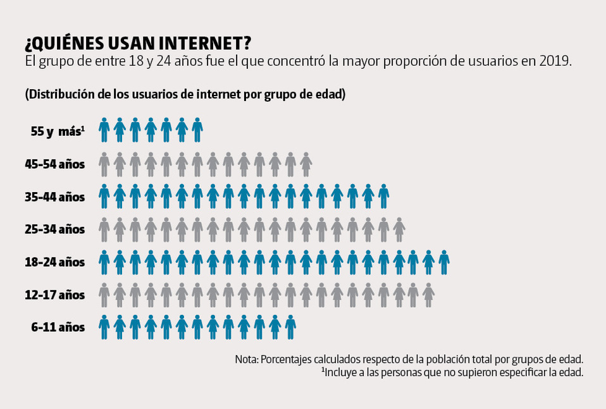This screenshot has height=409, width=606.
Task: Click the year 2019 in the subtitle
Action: point(555,62)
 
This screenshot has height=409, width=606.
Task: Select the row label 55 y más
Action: point(57,131)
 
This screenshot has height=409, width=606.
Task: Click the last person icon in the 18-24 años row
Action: point(445,262)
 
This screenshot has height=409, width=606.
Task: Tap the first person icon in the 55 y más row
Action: point(104,130)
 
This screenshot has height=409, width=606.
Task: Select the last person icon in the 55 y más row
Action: point(197,130)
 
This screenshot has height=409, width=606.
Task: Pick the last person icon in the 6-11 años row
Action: point(290,327)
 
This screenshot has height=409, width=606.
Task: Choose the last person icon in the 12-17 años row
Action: point(429,295)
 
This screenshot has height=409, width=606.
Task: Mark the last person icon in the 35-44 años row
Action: point(383,197)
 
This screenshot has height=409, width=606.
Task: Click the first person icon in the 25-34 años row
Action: point(104,229)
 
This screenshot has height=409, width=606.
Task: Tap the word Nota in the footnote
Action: point(246,359)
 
